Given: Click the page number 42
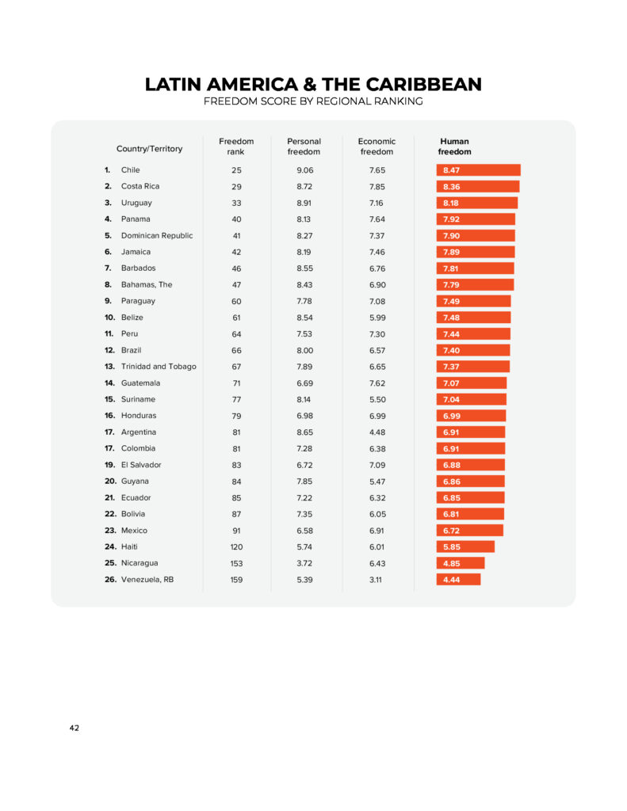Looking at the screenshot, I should coord(74,728).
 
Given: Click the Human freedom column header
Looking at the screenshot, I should coord(454,147).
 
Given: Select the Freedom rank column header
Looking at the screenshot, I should coord(236,147).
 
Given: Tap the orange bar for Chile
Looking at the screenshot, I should coord(478,170).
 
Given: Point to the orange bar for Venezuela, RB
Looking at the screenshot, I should coord(458,580).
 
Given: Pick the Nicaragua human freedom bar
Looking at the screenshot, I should coord(460,563).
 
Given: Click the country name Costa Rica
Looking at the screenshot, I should coord(140,186).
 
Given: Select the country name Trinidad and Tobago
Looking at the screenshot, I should coord(159,367).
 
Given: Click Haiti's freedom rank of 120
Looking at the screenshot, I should coord(236,547).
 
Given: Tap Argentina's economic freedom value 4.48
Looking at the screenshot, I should coord(377,432).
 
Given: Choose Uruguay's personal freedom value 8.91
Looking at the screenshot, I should coord(304,203).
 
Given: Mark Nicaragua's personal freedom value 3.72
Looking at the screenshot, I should coord(304,563).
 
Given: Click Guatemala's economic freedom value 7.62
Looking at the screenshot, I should coord(377,383).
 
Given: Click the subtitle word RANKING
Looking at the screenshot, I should coord(396,101).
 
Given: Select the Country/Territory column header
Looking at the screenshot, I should coord(149,149).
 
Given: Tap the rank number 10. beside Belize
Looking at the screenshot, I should coord(109,318).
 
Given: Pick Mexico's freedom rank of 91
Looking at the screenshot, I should coord(236,531).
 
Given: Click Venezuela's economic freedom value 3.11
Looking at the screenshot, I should coord(377,580).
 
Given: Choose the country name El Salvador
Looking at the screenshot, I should coord(141,465).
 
